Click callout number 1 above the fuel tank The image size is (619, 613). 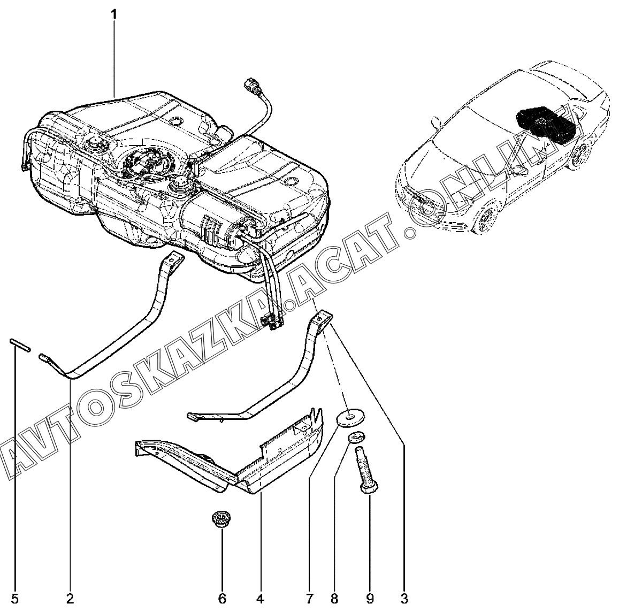[114, 14]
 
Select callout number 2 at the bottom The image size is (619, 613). [70, 597]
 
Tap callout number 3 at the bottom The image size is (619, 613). [404, 597]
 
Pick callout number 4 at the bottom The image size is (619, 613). [260, 597]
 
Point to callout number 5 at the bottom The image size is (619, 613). [15, 597]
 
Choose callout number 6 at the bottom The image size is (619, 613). [222, 597]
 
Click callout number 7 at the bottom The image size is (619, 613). [310, 597]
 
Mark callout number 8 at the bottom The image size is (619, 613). [334, 597]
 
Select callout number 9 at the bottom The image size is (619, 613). [369, 597]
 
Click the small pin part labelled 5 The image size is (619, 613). [18, 344]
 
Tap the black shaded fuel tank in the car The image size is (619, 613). [546, 123]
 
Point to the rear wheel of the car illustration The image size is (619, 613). [581, 155]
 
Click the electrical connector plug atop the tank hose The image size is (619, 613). [250, 85]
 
